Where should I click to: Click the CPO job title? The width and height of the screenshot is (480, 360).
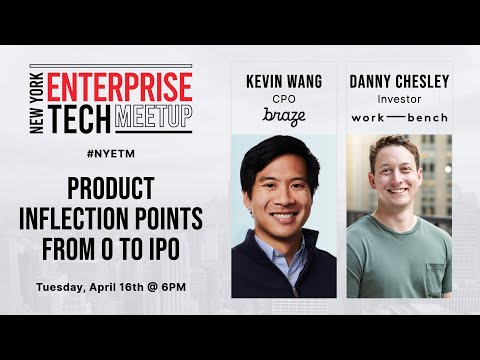click(x=283, y=100)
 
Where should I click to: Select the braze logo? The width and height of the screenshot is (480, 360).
click(x=283, y=118)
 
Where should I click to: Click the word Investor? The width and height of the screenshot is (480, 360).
click(x=399, y=100)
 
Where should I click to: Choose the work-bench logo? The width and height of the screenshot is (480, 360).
click(x=399, y=118)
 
